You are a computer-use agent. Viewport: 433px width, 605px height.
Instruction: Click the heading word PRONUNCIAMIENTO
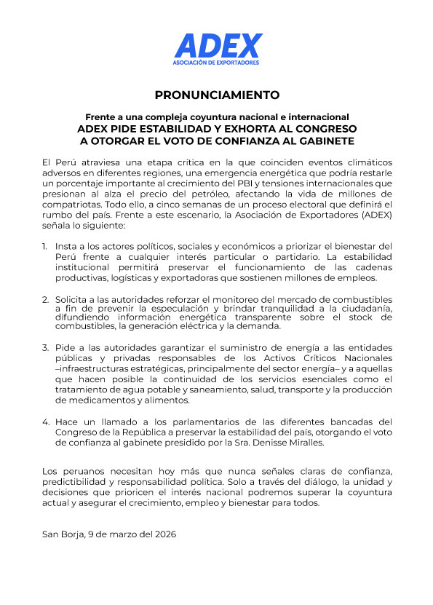point(217,95)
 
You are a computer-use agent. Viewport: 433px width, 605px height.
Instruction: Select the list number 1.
point(44,246)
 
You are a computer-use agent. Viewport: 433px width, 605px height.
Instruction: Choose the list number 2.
point(45,299)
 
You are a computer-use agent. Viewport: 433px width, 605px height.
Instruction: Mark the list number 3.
point(45,347)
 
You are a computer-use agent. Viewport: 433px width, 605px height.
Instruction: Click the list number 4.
point(45,422)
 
